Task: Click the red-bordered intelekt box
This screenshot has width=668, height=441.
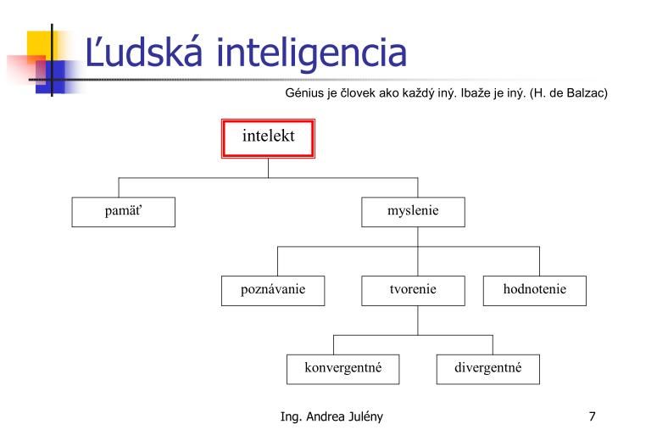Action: point(268,138)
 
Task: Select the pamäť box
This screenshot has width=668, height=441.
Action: point(124,212)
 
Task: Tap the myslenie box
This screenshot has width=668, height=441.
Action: point(413,212)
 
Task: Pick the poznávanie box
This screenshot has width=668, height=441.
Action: point(273,291)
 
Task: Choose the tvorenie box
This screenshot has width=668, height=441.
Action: point(413,291)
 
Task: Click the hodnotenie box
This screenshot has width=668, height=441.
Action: point(535,291)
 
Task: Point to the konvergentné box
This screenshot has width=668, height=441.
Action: point(343,369)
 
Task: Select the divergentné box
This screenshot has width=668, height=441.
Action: point(488,369)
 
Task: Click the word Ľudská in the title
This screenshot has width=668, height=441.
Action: point(144,52)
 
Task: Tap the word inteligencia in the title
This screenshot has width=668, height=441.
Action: point(311,54)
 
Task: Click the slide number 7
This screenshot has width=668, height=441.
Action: point(592,416)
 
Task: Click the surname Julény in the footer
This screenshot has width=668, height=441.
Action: point(365,416)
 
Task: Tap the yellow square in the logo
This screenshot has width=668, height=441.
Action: point(40,45)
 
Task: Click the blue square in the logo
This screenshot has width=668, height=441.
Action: point(51,76)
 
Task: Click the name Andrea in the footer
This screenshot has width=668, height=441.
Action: point(325,416)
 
